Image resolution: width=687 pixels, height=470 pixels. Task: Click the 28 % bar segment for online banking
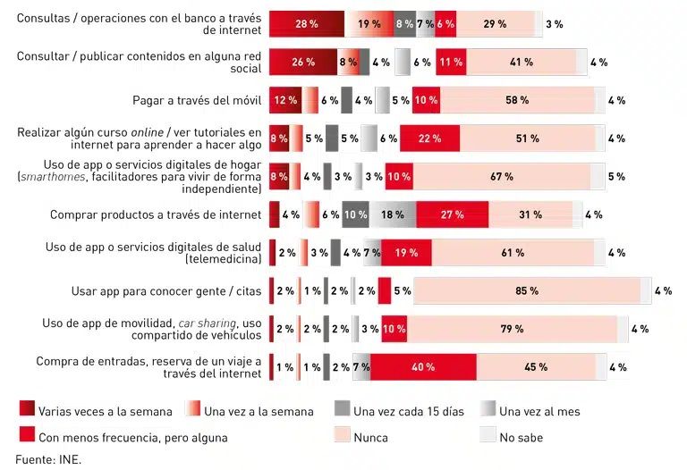306,24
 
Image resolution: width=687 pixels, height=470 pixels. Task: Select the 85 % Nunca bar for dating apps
526,291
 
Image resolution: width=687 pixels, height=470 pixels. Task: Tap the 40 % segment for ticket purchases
422,367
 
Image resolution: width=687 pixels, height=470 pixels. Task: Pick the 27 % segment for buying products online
452,214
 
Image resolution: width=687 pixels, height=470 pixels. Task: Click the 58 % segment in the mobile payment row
517,100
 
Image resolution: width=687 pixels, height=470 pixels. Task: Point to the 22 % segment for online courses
429,138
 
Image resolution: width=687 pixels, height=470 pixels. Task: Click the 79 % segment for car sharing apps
512,329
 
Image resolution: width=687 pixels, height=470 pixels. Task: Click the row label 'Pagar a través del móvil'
197,100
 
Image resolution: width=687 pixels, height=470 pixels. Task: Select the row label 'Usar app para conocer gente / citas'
166,291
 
